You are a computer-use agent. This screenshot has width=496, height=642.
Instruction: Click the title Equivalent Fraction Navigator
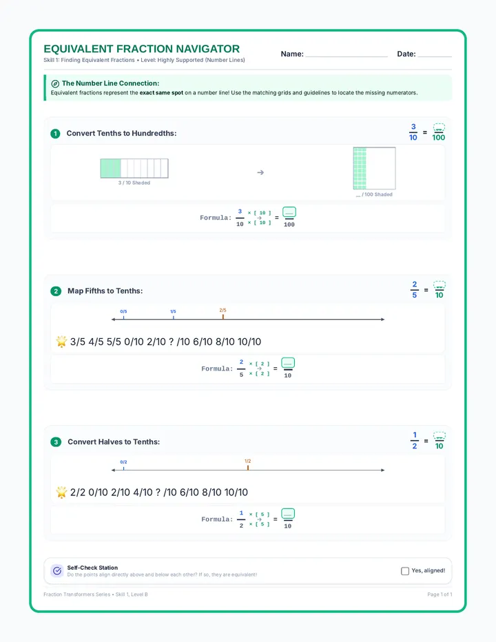click(141, 49)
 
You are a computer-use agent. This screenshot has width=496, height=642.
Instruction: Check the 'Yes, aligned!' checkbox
click(405, 571)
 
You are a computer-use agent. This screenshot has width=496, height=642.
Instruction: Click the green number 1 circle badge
click(55, 134)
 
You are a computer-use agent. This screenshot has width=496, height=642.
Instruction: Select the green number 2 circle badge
click(56, 291)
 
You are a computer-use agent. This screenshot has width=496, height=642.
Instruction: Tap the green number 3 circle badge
click(56, 442)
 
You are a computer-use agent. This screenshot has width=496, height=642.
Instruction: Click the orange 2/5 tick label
click(223, 310)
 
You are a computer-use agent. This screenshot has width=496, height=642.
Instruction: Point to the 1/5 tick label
click(173, 311)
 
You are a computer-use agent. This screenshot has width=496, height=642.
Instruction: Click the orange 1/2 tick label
click(248, 461)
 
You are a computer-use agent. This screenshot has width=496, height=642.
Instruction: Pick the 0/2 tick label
click(123, 462)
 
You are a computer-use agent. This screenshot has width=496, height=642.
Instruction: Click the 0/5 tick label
click(123, 311)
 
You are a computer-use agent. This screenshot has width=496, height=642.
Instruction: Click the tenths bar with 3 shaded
click(134, 168)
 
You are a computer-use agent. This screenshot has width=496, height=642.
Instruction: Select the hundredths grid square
click(374, 168)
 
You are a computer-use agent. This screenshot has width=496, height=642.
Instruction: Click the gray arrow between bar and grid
click(260, 172)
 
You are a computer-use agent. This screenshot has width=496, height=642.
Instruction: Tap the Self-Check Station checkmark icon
click(57, 570)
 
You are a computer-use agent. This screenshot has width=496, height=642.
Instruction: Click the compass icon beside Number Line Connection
click(55, 83)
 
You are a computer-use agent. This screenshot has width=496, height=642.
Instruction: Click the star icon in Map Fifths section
click(61, 342)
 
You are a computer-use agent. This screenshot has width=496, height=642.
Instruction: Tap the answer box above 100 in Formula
click(289, 212)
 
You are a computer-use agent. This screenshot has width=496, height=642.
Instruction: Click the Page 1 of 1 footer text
click(440, 594)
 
